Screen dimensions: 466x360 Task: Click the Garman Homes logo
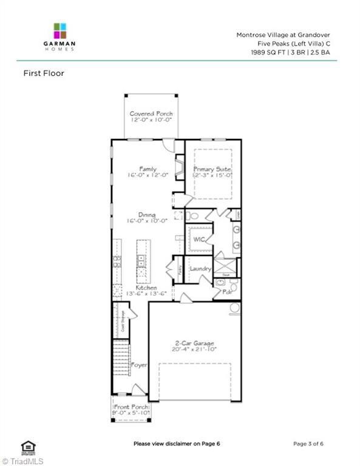(x=60, y=36)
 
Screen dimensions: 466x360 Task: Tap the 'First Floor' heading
(x=44, y=73)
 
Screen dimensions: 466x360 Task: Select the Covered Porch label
(x=151, y=113)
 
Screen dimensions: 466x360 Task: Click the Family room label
(x=148, y=169)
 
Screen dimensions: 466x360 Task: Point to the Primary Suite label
(x=212, y=169)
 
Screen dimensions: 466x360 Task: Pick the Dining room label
(x=147, y=214)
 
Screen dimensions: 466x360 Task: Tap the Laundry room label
(x=200, y=268)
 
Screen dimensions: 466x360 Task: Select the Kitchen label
(x=146, y=288)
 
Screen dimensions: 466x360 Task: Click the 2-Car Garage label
(x=194, y=343)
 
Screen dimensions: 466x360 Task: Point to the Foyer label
(x=140, y=365)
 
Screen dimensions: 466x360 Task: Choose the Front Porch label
(x=131, y=407)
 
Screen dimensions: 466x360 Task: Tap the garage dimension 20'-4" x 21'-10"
(x=194, y=350)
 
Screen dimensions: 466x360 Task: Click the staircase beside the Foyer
(x=121, y=358)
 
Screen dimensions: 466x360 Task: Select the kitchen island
(x=141, y=261)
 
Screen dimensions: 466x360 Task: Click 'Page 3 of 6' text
(x=308, y=444)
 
